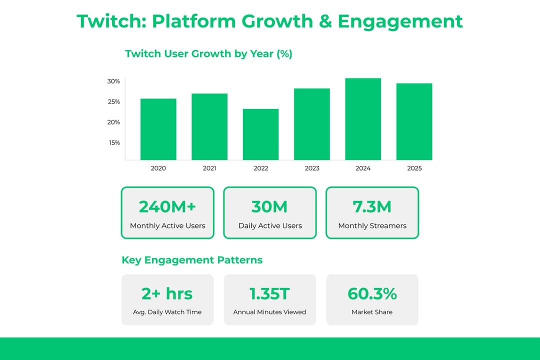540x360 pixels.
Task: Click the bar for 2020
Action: [x=158, y=129]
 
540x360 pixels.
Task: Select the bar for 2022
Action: [x=260, y=134]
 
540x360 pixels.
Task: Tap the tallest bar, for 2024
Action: [x=363, y=119]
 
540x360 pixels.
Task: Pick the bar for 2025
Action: [x=414, y=121]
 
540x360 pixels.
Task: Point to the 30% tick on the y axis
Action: [x=113, y=81]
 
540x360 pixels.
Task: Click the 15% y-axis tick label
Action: [x=113, y=142]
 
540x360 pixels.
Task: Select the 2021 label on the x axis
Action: [x=209, y=168]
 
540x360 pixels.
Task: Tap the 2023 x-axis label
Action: [x=312, y=168]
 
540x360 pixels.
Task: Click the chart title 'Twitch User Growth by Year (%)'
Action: [x=208, y=54]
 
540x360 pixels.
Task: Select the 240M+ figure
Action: [x=167, y=206]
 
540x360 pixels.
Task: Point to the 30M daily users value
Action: [x=270, y=206]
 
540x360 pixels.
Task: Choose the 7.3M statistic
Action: [x=372, y=206]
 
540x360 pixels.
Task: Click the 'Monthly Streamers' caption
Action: [x=372, y=226]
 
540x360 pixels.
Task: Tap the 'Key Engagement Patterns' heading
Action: [x=192, y=260]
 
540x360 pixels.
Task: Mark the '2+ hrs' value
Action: [x=167, y=293]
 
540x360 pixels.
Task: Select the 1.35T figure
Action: [x=269, y=293]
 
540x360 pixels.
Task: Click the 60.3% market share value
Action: [x=372, y=293]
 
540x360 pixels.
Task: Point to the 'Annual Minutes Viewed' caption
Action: [x=269, y=312]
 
